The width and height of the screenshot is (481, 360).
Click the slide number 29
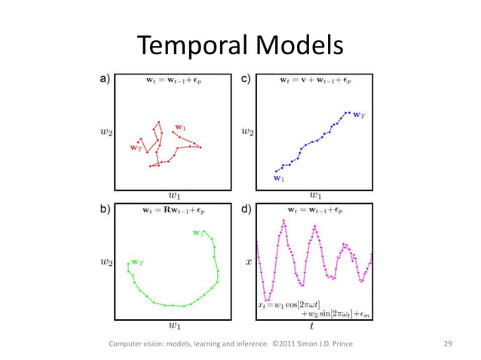448,344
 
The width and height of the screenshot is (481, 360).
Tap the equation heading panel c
315,79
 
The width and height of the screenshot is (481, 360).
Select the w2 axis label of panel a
105,133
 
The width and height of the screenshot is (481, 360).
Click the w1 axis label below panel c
316,196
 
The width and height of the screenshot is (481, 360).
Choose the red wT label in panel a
136,148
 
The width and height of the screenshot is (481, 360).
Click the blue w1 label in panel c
278,178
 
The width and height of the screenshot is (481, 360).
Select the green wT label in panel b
138,261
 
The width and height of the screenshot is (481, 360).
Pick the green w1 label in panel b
198,233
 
